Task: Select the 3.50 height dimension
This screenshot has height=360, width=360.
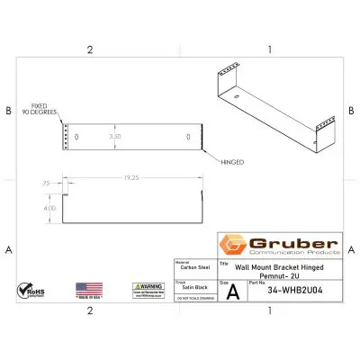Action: [x=114, y=137]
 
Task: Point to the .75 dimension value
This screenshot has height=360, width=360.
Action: [x=46, y=183]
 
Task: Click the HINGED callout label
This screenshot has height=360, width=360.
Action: [x=231, y=163]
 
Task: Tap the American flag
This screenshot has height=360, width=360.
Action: [x=89, y=290]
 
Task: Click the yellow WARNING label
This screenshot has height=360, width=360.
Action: [x=149, y=289]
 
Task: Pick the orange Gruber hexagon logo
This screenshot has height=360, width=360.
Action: [x=232, y=245]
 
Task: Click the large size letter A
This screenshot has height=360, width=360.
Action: [x=233, y=292]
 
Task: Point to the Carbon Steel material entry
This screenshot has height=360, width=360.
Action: [x=192, y=267]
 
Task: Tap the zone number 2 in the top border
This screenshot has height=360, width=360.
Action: [x=90, y=49]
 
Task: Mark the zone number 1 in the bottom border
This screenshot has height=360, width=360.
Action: [x=270, y=310]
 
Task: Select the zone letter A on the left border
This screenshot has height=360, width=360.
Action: [x=8, y=248]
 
